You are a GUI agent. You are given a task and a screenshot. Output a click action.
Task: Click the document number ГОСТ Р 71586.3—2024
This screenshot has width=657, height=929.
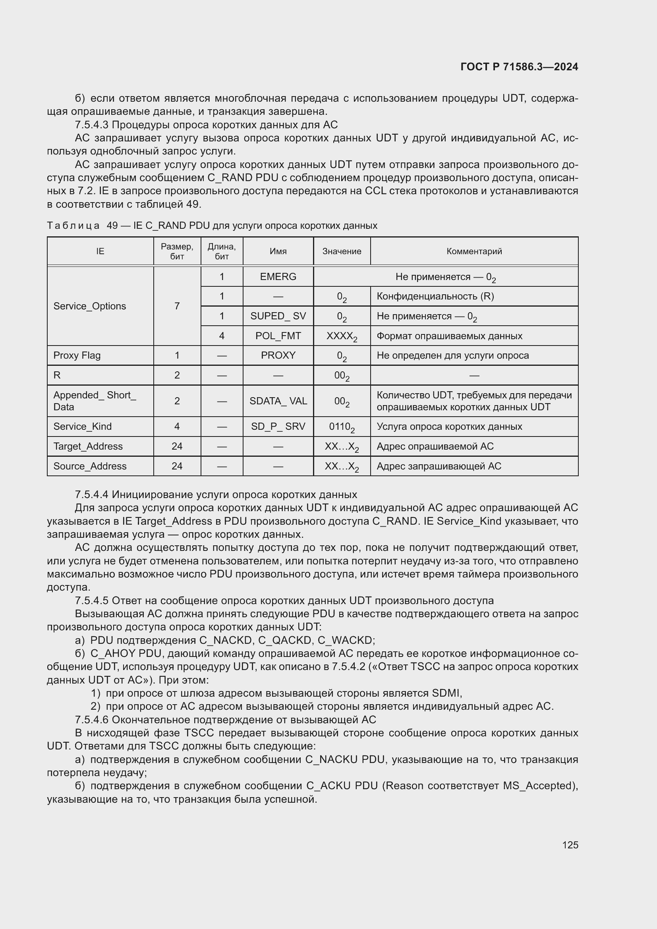coord(519,67)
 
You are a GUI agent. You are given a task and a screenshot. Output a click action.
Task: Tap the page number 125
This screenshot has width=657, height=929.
coord(570,845)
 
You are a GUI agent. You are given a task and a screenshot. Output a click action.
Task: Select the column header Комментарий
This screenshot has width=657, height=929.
coord(474,251)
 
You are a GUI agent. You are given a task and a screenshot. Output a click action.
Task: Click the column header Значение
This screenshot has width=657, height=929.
coord(342,251)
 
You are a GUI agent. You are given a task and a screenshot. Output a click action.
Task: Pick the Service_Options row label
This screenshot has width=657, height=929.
coord(89,306)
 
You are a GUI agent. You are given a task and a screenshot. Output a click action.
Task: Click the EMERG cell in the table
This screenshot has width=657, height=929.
coord(278,277)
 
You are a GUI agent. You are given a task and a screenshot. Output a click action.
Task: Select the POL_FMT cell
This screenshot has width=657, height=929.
coord(278,336)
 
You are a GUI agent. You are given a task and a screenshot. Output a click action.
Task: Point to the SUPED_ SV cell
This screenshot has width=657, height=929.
coord(278,316)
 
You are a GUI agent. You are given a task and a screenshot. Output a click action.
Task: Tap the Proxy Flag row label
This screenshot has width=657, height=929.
coord(77,355)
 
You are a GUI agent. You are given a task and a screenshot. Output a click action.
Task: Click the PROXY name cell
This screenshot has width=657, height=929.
coord(278,355)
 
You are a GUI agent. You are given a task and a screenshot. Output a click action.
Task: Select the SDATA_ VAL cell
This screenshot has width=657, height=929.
coord(278,401)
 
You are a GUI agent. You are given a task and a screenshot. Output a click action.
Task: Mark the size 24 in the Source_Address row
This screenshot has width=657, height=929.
coord(177,466)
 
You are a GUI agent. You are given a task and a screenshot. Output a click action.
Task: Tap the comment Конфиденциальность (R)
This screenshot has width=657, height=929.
coord(435,296)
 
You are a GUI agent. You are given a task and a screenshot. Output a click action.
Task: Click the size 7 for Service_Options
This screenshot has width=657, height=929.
coord(177,306)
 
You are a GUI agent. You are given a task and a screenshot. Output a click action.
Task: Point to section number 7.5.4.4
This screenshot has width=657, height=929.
coord(92,495)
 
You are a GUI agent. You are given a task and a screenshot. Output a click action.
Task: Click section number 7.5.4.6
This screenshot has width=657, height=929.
coord(92,720)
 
